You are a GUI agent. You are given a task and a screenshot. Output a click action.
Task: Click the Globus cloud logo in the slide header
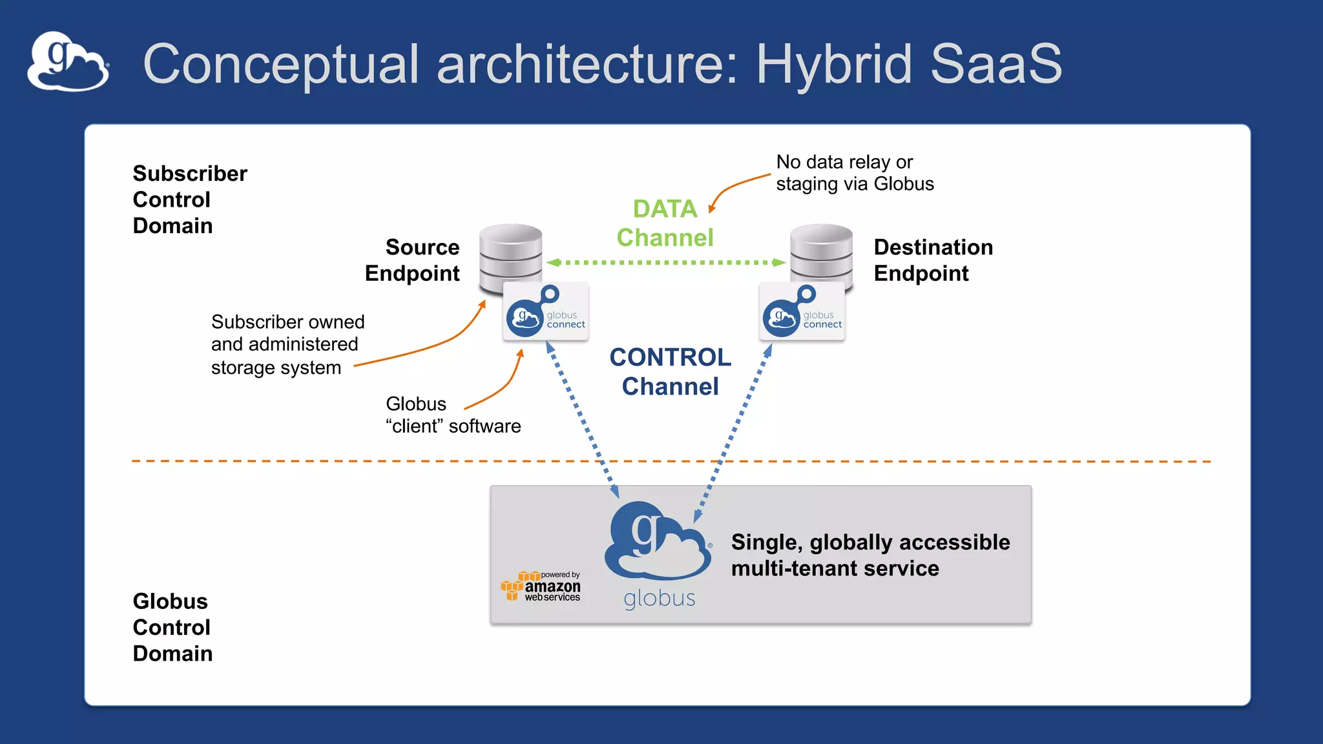[68, 62]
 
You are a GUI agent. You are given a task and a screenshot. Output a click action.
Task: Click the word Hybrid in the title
[834, 64]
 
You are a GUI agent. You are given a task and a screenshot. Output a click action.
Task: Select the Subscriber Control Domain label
[189, 200]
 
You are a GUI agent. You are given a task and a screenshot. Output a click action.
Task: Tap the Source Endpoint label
[413, 260]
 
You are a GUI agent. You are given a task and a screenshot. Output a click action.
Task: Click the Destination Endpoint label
[933, 260]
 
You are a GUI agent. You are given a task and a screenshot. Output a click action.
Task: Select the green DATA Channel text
[665, 223]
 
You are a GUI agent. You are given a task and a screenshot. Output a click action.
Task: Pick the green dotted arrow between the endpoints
[665, 262]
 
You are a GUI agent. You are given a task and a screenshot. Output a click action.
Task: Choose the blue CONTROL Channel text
[670, 371]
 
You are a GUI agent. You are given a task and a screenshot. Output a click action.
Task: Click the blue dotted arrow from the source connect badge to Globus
[583, 420]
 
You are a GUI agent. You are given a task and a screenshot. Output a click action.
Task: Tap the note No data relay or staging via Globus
[854, 172]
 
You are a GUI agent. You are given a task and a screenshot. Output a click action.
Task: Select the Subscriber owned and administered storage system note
[287, 344]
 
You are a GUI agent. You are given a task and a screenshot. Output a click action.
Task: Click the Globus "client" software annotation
[452, 415]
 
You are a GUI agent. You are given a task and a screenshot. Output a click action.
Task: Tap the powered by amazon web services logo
[542, 586]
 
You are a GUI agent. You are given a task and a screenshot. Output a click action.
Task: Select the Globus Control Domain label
[172, 627]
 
